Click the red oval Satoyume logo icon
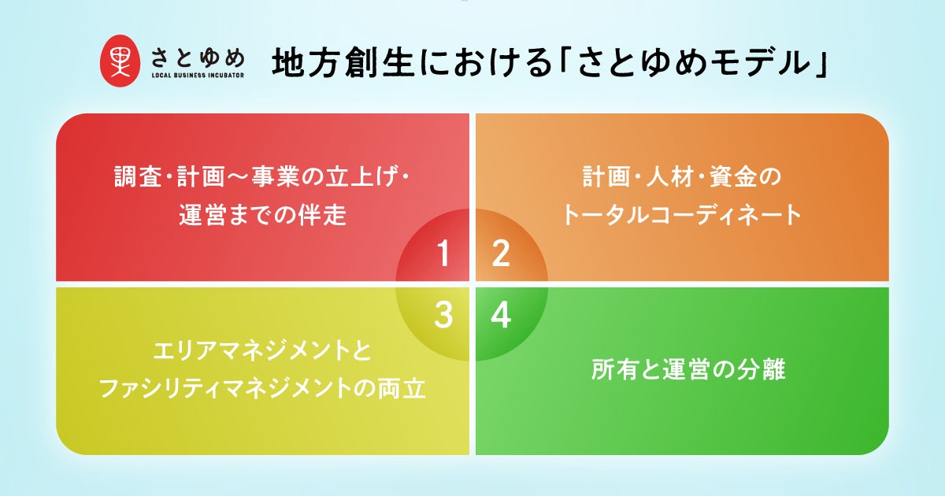tap(120, 61)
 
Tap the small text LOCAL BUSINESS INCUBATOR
tap(198, 76)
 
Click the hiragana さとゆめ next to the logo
tap(198, 57)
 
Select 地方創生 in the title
tap(342, 63)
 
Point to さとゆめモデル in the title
tap(695, 63)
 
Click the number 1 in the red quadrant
tap(443, 253)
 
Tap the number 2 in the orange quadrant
tap(501, 253)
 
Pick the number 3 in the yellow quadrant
tap(443, 315)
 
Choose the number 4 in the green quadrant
tap(501, 315)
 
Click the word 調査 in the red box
tap(138, 176)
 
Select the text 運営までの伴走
tap(262, 215)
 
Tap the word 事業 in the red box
tap(275, 176)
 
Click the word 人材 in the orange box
tap(670, 176)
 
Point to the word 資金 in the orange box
tap(733, 176)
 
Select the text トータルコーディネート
tap(682, 215)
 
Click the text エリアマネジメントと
tap(262, 351)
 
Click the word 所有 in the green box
tap(615, 369)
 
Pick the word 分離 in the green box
tap(762, 369)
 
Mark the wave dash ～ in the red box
tap(238, 177)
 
